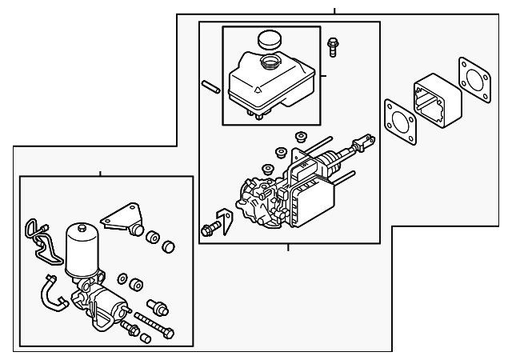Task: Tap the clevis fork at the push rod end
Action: tap(366, 145)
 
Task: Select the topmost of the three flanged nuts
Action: tap(302, 136)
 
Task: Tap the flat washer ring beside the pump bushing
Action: tap(123, 278)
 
